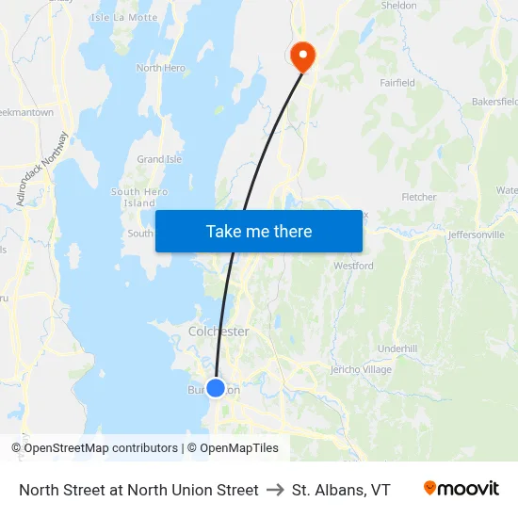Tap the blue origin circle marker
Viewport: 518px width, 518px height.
[x=216, y=387]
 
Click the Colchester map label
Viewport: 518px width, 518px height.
[x=219, y=332]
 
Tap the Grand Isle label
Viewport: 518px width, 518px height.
[x=159, y=160]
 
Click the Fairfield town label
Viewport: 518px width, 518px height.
[x=397, y=83]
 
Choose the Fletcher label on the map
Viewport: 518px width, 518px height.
[x=419, y=197]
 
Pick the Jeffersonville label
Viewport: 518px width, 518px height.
[x=477, y=235]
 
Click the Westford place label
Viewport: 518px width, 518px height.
[x=354, y=267]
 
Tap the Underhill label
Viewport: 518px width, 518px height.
[x=397, y=348]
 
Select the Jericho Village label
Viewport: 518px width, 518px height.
[x=361, y=369]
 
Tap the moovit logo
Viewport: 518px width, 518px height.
[x=461, y=489]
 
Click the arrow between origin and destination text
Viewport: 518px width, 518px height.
[x=275, y=490]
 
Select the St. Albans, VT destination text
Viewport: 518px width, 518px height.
[x=341, y=490]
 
